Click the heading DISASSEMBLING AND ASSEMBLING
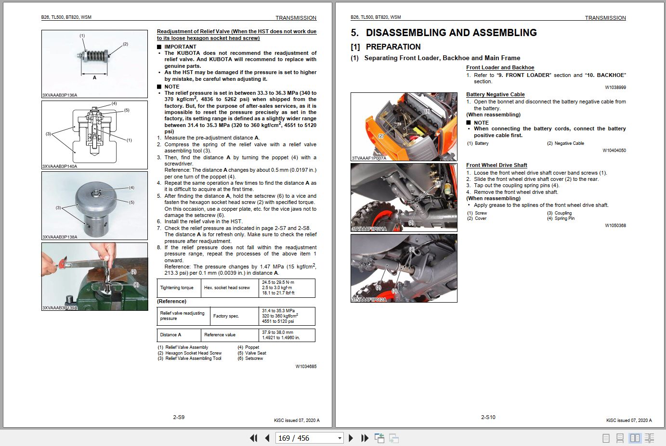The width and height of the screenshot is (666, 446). click(x=451, y=33)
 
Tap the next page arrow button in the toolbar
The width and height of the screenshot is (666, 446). click(x=351, y=438)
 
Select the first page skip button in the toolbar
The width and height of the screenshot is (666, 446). click(x=253, y=438)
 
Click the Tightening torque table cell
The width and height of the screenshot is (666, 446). click(x=177, y=288)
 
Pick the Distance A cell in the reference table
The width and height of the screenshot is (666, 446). click(x=170, y=335)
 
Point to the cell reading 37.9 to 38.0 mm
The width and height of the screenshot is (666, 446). click(x=277, y=332)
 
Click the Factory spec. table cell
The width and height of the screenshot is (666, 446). click(x=226, y=316)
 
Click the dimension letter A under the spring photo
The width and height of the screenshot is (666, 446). click(x=94, y=77)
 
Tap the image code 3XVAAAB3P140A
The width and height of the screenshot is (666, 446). click(x=60, y=166)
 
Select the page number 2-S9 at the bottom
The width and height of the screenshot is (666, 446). click(x=179, y=417)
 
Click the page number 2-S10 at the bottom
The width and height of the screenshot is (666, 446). click(x=488, y=417)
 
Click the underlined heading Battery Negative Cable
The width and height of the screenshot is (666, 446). click(x=495, y=94)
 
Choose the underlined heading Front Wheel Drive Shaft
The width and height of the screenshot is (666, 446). click(x=496, y=165)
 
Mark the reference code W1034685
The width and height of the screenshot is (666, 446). click(x=306, y=366)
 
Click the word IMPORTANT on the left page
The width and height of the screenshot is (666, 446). click(x=180, y=47)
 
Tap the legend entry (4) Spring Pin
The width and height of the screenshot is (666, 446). click(x=561, y=218)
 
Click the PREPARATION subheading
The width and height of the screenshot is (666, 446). click(x=393, y=47)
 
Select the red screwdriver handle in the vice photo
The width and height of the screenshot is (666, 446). click(x=62, y=264)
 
